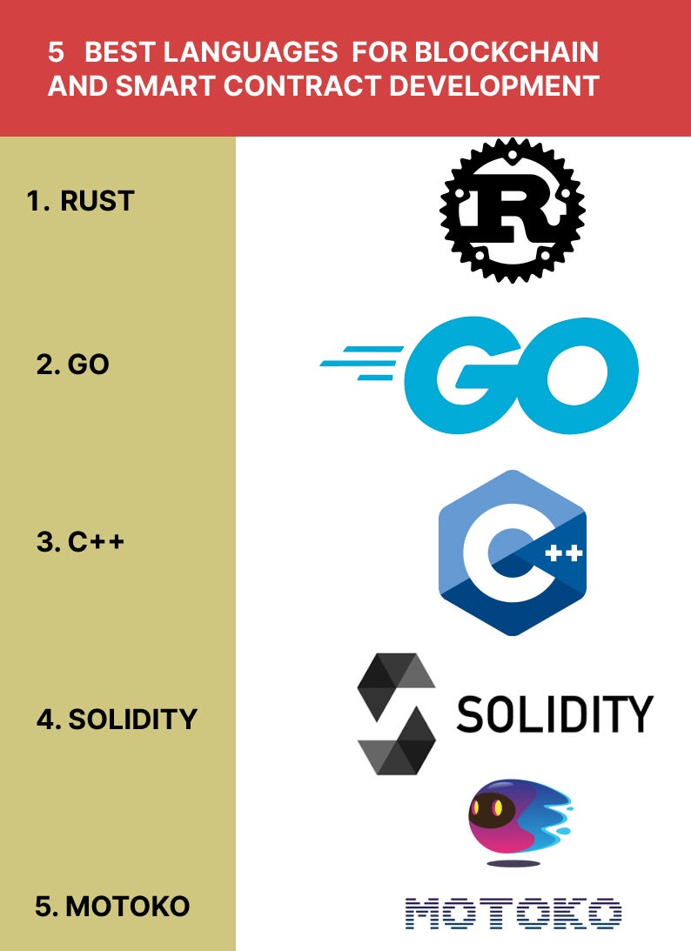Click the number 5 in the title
point(57,53)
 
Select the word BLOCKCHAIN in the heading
point(507,53)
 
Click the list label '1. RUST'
point(80,201)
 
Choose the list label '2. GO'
point(73,364)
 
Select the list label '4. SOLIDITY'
point(117,720)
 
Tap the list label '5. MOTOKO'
point(112,907)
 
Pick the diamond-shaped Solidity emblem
point(396,713)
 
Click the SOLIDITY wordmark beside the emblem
point(553,714)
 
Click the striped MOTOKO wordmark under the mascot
point(513,913)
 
